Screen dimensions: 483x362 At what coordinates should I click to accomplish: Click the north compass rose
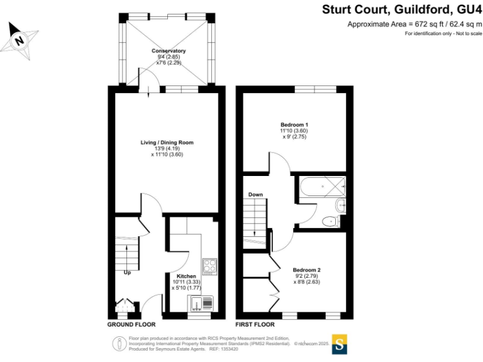[19, 41]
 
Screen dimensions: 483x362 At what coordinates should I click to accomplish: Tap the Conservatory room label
[169, 51]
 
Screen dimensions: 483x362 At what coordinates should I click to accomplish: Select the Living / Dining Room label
[167, 143]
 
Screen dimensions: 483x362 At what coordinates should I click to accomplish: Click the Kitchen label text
[186, 276]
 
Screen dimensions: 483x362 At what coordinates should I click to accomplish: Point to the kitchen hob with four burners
[210, 267]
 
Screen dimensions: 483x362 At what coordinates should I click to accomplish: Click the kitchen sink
[200, 303]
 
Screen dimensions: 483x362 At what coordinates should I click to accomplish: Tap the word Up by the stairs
[127, 273]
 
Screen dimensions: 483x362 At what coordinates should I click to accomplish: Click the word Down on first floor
[256, 195]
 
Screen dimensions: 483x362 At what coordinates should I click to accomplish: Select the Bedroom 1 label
[294, 124]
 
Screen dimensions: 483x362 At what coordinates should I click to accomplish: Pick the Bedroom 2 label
[306, 270]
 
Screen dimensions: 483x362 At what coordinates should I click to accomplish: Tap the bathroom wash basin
[341, 205]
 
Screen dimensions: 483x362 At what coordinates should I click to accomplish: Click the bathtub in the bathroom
[323, 187]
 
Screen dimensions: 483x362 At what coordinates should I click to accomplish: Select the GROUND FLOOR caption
[131, 324]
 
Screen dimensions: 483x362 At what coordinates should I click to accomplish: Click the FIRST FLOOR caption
[255, 324]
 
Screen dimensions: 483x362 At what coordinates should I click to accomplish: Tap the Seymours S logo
[339, 344]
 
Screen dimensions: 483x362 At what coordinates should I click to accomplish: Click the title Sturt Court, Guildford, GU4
[402, 9]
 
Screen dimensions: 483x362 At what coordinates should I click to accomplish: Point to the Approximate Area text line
[414, 24]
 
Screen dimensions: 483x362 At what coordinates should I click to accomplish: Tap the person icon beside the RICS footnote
[118, 344]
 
